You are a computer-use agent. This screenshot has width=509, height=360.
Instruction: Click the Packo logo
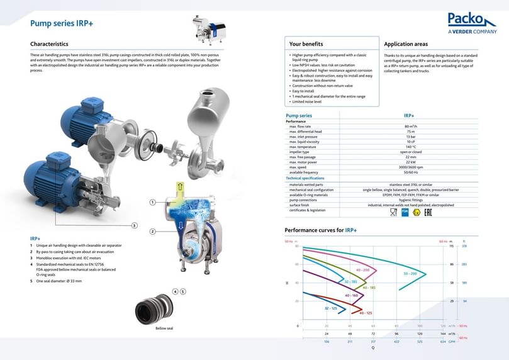[472, 23]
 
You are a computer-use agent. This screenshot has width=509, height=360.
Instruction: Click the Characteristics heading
[49, 45]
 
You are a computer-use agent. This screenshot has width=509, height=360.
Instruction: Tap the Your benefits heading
[306, 45]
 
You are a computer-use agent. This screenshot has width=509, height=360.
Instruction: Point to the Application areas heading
[406, 45]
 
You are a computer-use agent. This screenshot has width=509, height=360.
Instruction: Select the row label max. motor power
[305, 162]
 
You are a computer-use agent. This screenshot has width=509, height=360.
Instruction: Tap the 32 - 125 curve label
[331, 308]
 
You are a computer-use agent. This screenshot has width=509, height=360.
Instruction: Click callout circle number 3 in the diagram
[134, 225]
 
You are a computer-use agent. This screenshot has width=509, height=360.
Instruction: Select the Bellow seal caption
[164, 328]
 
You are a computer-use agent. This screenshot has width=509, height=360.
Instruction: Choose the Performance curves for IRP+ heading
[320, 230]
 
